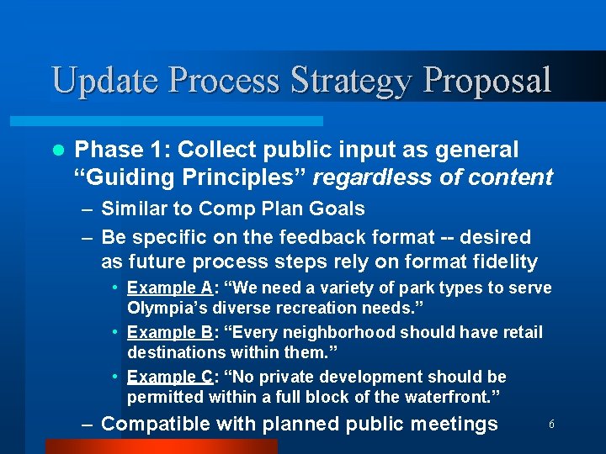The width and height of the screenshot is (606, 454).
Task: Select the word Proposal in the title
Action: pos(488,81)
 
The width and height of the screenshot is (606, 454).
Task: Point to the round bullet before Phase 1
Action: pos(56,150)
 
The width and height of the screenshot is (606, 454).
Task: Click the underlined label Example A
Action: pos(171,288)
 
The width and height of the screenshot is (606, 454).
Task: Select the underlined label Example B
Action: pos(171,332)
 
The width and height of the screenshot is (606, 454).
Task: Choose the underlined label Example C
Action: pos(171,377)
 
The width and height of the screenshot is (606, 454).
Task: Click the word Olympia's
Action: pos(167,308)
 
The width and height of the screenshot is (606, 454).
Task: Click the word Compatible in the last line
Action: pos(154,424)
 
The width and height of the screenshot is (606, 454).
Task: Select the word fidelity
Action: pos(502,261)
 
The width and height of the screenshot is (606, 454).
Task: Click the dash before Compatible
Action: pos(87,424)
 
